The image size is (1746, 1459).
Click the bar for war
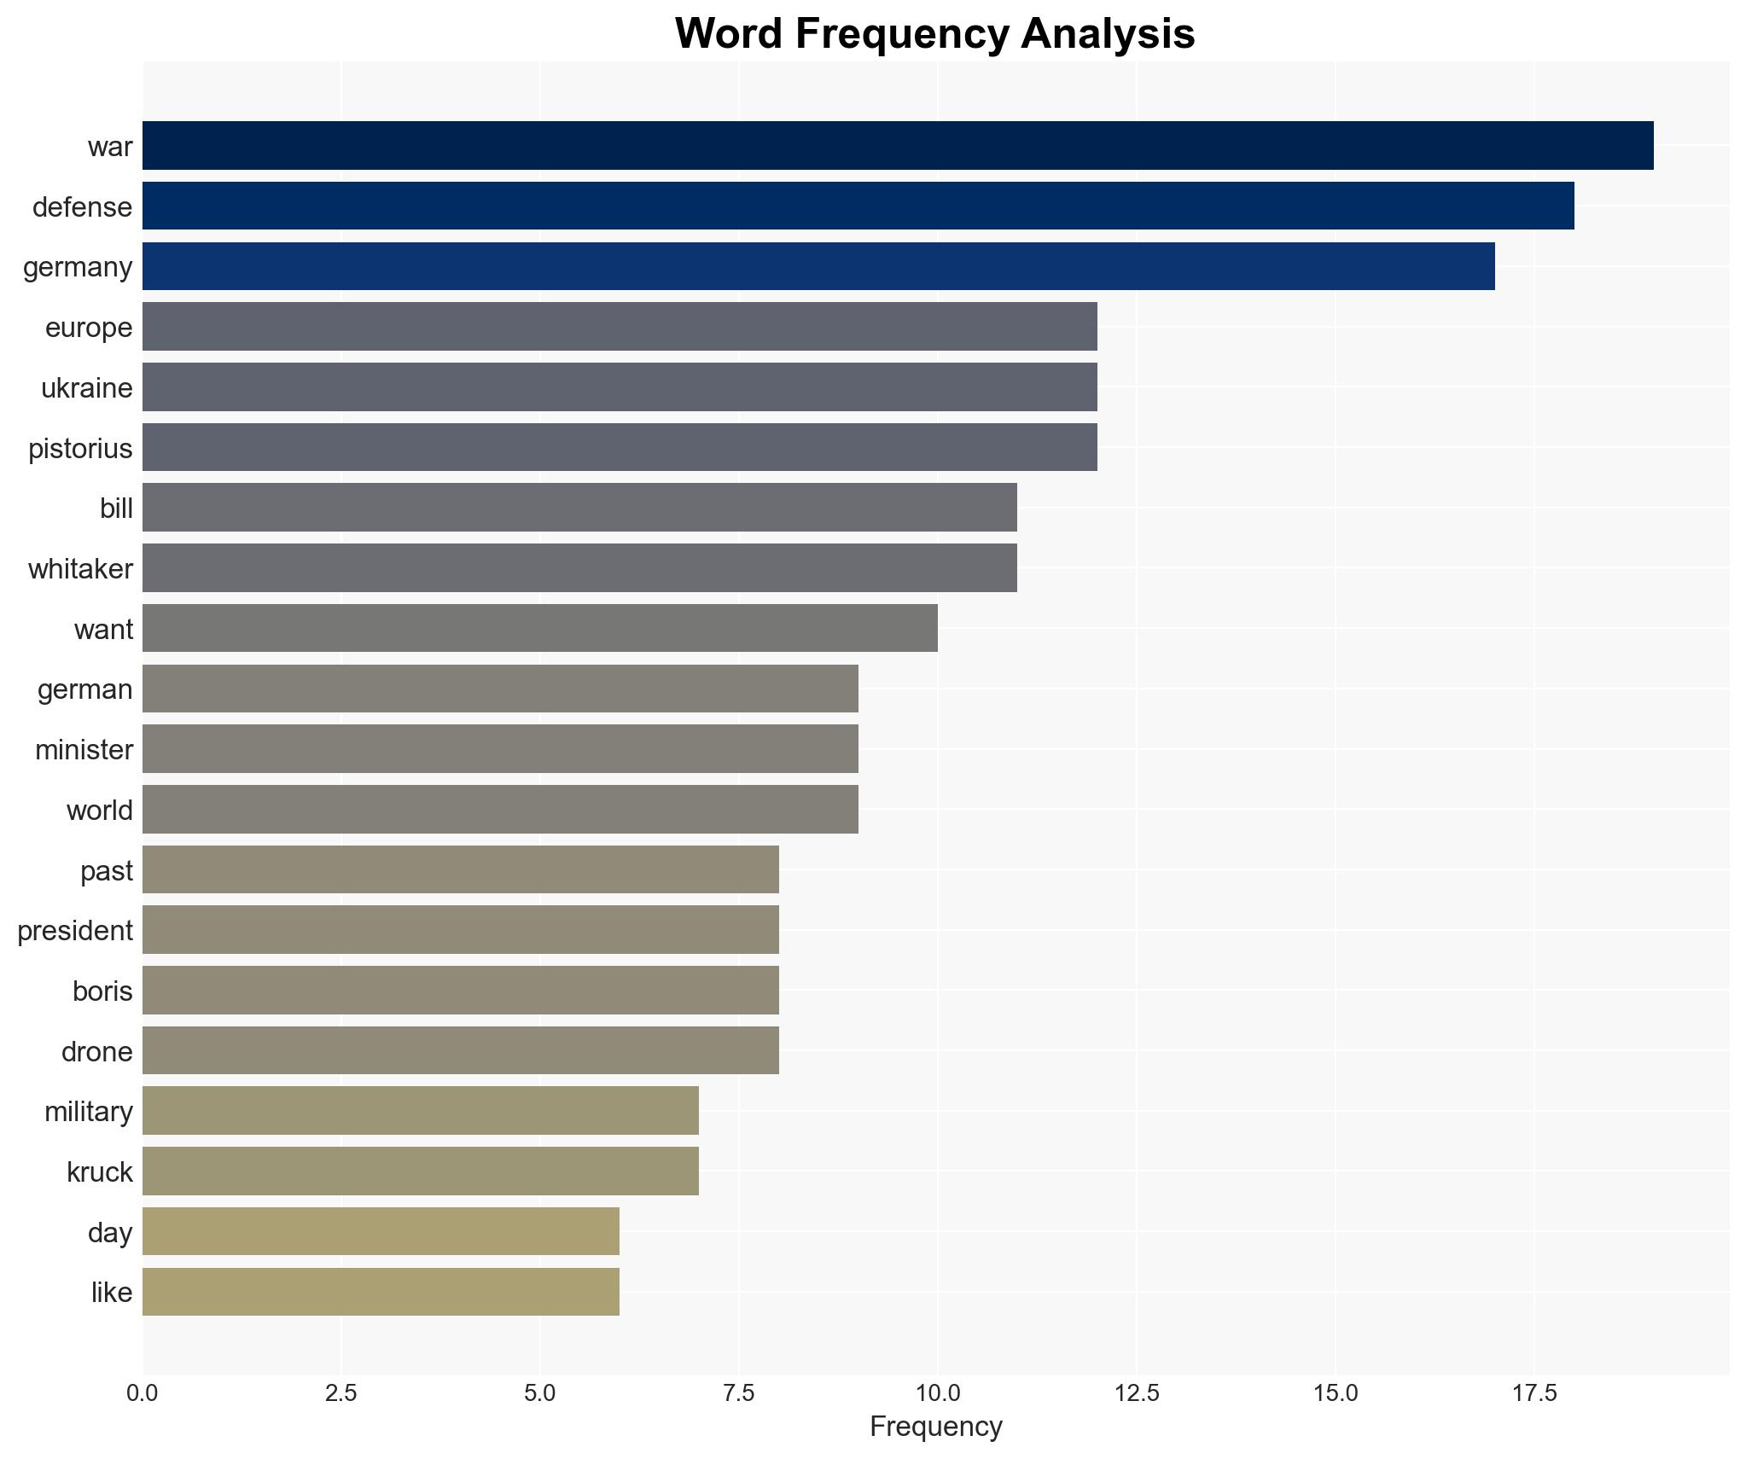(x=898, y=146)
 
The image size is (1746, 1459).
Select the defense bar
(x=858, y=206)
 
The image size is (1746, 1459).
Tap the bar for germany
(x=818, y=266)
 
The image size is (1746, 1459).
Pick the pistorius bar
(x=620, y=447)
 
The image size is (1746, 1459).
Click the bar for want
(x=540, y=628)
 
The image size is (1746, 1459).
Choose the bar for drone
(x=461, y=1050)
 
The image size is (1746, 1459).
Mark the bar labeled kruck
(x=421, y=1171)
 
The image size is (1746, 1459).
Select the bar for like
(x=381, y=1292)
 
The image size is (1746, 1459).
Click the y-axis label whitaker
(x=80, y=569)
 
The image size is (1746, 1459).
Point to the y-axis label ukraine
(x=87, y=388)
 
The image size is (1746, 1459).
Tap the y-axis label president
(x=75, y=931)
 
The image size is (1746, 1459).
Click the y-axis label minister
(x=84, y=750)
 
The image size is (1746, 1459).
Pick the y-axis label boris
(x=102, y=991)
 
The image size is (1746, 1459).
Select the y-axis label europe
(x=89, y=328)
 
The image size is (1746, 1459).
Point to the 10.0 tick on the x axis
(x=938, y=1393)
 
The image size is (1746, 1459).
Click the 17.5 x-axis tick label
(x=1534, y=1393)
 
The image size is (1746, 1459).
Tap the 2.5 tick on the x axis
(x=340, y=1393)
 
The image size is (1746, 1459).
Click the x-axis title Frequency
(x=935, y=1427)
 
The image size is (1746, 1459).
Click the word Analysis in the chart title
(x=1108, y=34)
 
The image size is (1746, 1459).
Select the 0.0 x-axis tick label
(x=143, y=1393)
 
